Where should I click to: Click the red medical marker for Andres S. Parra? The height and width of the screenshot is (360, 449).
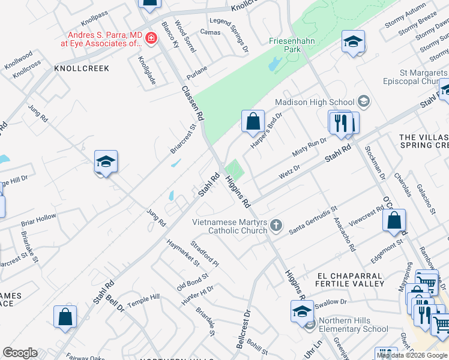point(151,40)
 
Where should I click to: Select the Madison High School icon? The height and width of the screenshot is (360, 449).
point(363,101)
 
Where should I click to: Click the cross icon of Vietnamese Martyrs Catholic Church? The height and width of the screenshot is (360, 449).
point(276,226)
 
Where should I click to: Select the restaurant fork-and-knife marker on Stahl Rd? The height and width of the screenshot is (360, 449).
point(341,122)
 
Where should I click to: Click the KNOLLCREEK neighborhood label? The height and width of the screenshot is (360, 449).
point(82,68)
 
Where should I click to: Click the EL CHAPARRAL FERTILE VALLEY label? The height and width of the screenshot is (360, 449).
point(351,279)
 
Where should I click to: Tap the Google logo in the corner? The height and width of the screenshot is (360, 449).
point(20,353)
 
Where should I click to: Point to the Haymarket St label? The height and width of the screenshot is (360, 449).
point(183,252)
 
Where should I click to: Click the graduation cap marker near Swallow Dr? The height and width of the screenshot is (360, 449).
point(302,311)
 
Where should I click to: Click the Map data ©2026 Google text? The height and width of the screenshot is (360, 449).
point(412,355)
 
